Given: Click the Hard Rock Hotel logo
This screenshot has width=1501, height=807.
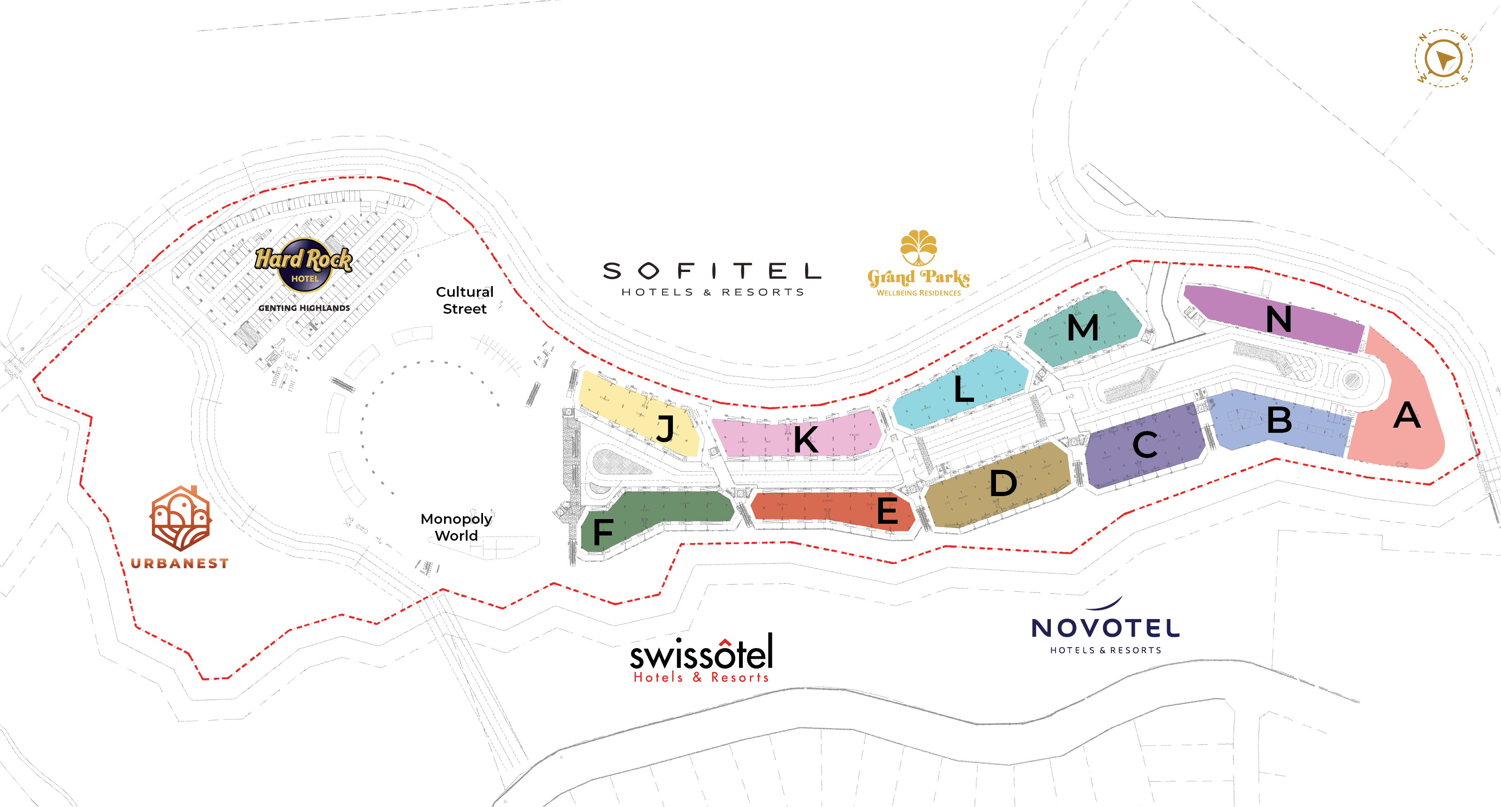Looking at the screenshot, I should click(x=303, y=265).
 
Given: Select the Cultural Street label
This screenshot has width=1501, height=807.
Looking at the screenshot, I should click(x=464, y=300).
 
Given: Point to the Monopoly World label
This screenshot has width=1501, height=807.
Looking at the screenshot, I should click(x=456, y=527).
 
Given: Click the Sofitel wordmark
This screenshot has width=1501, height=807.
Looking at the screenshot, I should click(x=711, y=271).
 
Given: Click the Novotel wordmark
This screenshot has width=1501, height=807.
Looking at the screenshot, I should click(x=1105, y=628).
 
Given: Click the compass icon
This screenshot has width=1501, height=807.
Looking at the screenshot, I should click(x=1443, y=58).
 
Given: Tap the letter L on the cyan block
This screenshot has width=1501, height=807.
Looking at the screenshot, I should click(x=963, y=389).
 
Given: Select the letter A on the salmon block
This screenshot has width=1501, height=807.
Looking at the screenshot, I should click(x=1407, y=415).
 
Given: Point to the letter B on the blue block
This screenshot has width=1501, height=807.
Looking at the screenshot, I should click(x=1279, y=420).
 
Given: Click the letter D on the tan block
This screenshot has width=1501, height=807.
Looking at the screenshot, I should click(x=1003, y=483).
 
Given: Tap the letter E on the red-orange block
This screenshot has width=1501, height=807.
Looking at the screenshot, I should click(x=888, y=511).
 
